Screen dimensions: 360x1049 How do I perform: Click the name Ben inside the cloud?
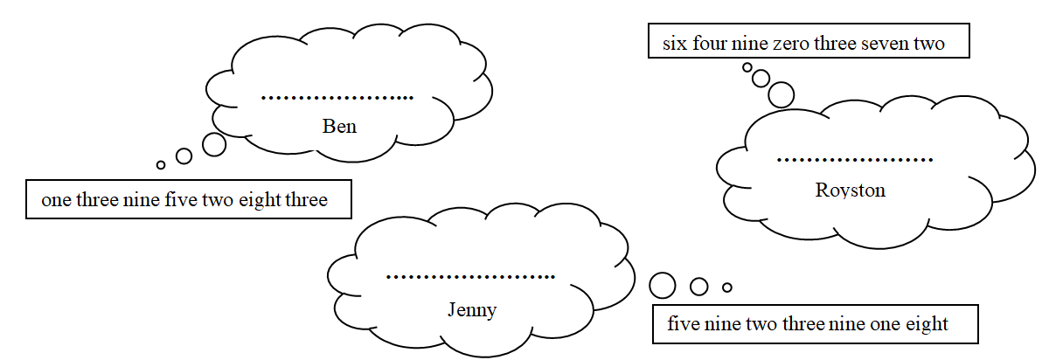339,127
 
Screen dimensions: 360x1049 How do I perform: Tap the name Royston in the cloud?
850,190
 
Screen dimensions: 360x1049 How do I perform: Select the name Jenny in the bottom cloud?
471,309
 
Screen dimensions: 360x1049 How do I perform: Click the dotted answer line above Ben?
337,97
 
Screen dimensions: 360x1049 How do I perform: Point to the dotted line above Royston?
855,160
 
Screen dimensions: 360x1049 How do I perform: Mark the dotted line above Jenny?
470,278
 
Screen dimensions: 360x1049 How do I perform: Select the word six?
674,43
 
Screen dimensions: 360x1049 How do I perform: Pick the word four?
710,43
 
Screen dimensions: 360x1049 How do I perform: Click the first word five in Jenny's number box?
684,324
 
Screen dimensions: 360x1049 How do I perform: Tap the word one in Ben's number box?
56,200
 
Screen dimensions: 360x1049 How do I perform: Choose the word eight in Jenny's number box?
929,324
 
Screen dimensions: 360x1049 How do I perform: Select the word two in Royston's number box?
930,43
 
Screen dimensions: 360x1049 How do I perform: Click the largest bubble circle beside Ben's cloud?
214,144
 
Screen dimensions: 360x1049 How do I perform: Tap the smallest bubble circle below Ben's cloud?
161,164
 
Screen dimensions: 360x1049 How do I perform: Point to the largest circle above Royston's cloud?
781,93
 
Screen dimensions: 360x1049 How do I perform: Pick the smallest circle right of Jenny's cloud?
726,287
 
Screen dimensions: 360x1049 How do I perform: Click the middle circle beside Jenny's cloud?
698,286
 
